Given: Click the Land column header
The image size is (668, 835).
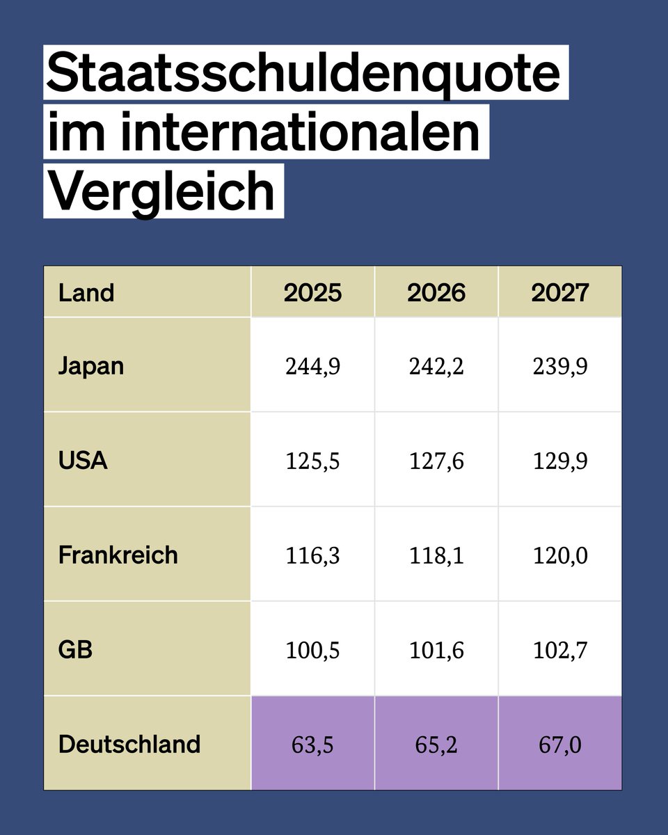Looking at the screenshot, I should pos(86,293).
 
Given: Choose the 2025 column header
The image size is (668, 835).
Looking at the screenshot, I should pos(312,293).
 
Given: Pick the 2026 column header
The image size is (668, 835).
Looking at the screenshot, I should pos(436,293).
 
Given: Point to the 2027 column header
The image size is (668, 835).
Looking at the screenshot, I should pos(560,293).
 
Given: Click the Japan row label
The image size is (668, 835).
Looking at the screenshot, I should pos(91,365).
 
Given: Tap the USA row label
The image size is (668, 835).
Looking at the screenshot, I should pos(83,460).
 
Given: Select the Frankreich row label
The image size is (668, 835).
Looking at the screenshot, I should pos(118,555).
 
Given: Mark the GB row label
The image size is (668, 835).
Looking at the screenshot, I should pos(75,649).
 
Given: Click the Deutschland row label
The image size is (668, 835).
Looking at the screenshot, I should pos(129,744).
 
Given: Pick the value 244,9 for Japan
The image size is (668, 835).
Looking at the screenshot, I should pos(312,366).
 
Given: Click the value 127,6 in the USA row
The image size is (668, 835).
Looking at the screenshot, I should pos(436,461).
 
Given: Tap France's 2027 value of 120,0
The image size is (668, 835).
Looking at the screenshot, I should pos(560,555).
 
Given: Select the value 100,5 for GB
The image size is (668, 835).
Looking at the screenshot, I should pos(312,650).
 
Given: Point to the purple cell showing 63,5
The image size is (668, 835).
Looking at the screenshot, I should pos(312,745).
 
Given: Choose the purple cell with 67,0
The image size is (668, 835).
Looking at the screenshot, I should pos(560,745).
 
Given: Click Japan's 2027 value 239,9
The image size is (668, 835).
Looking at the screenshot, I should pos(560,366).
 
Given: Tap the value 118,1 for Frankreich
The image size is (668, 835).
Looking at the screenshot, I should pos(436,555).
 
